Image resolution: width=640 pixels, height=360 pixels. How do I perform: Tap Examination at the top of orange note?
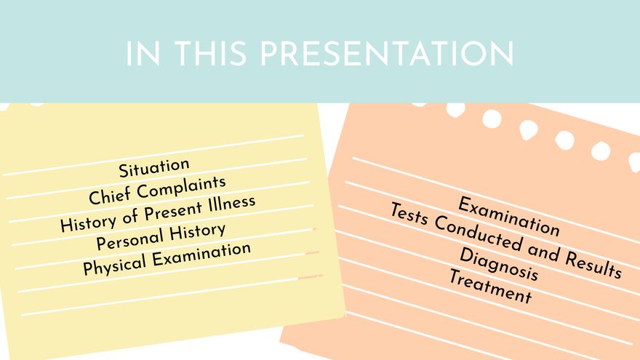pos(509,216)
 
